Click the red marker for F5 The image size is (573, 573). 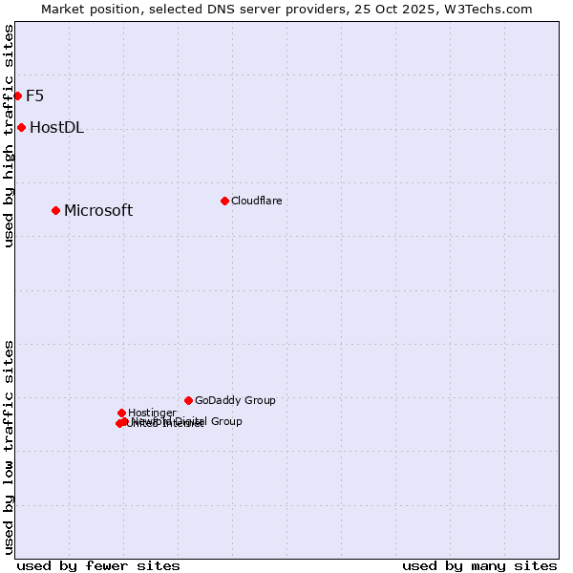point(17,95)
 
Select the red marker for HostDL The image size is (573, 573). point(21,127)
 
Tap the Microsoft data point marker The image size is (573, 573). point(55,210)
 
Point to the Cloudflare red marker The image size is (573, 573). point(224,201)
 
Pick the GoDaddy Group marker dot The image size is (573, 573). point(188,400)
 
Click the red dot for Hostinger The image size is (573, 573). point(121,413)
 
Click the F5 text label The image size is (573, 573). point(34,95)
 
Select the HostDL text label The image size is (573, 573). point(56,128)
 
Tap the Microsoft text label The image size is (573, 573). point(98,211)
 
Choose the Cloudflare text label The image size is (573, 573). point(256,201)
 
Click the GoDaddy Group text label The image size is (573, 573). point(235,401)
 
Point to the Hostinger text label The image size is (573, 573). point(152,413)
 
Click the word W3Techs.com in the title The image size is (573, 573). point(492,9)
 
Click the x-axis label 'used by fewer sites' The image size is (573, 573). point(98,565)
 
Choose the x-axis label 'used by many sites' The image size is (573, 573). point(479,565)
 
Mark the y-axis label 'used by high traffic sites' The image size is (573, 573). point(9,136)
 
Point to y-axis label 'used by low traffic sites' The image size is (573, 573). point(9,447)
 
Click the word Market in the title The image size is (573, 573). point(62,9)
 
